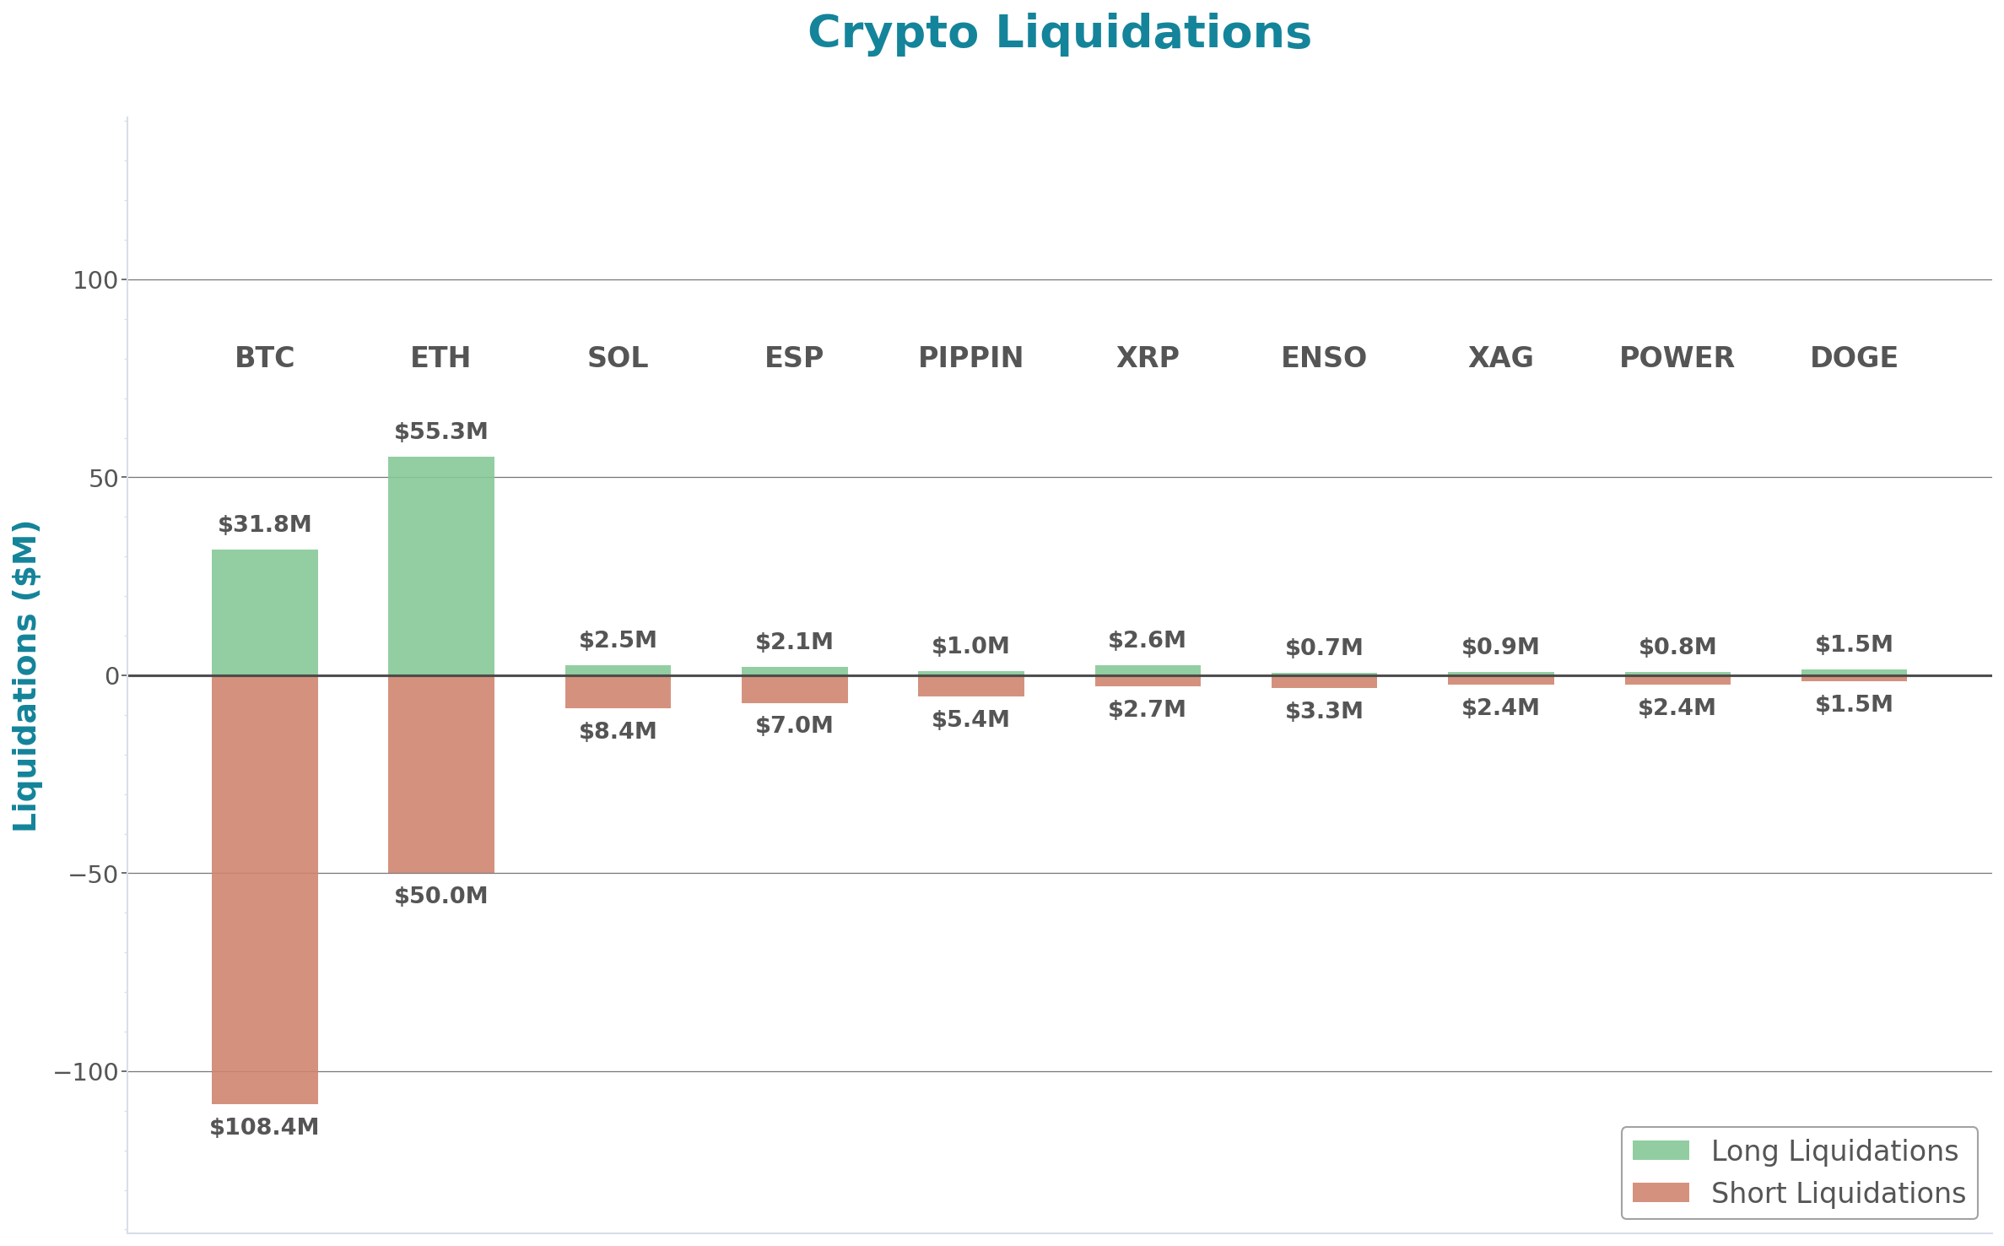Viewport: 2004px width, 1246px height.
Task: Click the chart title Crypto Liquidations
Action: (1059, 34)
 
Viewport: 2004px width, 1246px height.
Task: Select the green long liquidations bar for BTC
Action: (265, 612)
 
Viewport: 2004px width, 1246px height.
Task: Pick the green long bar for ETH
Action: (441, 566)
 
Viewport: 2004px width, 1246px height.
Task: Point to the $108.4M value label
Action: (264, 1127)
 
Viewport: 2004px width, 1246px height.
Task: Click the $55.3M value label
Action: (441, 431)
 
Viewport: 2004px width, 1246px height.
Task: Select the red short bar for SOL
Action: (618, 692)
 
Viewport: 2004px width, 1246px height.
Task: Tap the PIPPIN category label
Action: (970, 358)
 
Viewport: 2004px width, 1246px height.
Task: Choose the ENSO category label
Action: (1324, 358)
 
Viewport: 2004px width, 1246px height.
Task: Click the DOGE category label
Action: (1854, 358)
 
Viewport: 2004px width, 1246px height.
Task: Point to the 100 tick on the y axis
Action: (95, 280)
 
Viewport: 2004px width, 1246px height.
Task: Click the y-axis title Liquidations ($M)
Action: (25, 675)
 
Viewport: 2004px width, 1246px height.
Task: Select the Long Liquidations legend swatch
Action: (1661, 1151)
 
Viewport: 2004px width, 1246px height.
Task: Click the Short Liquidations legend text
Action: (1838, 1193)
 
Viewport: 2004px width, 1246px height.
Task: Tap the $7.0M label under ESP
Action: (794, 725)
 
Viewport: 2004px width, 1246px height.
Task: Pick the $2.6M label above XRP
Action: (1147, 640)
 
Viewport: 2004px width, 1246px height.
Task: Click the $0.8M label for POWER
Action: (1677, 647)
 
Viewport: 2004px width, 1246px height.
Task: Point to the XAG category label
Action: (1500, 358)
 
